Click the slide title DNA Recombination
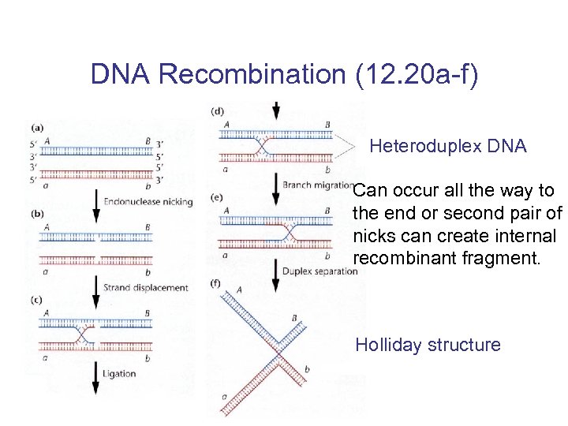tap(284, 74)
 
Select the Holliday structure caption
tap(428, 345)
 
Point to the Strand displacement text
tap(146, 288)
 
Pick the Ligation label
tap(119, 373)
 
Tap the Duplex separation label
tap(323, 271)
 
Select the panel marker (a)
tap(35, 127)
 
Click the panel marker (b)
tap(35, 214)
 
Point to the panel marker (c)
tap(35, 299)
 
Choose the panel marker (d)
tap(217, 111)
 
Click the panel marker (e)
tap(217, 197)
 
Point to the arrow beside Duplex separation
tap(275, 271)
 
